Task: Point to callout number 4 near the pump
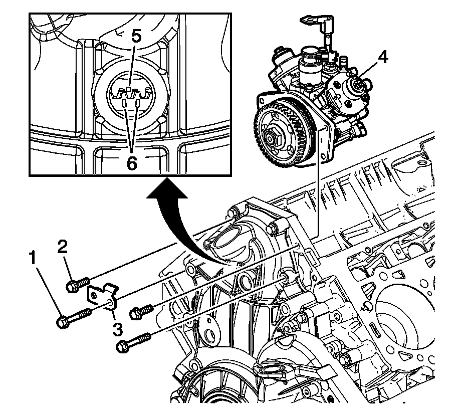pos(383,58)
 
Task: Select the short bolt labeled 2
pos(78,284)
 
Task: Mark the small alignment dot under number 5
pos(128,90)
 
